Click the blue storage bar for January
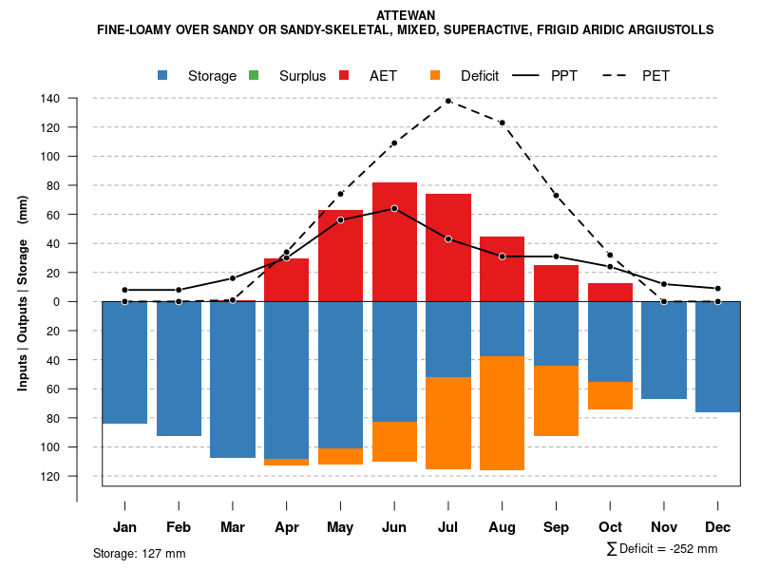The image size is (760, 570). tap(124, 362)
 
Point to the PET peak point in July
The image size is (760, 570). tap(448, 101)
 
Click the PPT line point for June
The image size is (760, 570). tap(394, 208)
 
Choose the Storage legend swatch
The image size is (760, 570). tap(163, 76)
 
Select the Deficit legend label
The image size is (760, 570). tap(479, 76)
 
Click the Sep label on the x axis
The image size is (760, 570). tap(556, 527)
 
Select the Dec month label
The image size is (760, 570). tap(718, 527)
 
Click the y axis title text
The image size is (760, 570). tap(23, 293)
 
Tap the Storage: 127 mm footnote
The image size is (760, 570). tap(139, 553)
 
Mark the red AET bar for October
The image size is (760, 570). tap(610, 293)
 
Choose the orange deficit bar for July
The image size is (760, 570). tap(448, 423)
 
